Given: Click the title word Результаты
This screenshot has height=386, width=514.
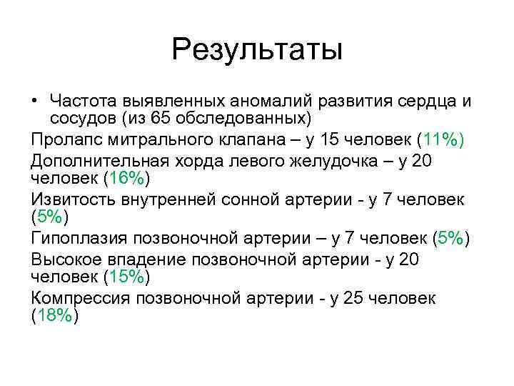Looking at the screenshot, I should click(x=257, y=50).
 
